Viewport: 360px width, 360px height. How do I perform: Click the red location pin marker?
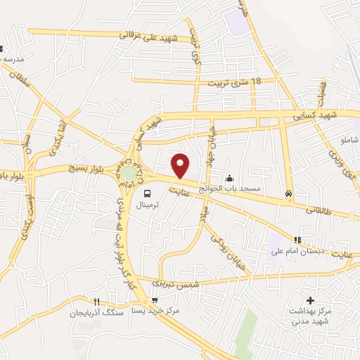tap(181, 165)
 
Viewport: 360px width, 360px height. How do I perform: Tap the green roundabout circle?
tap(129, 173)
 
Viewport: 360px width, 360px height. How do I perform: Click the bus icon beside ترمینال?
tap(148, 193)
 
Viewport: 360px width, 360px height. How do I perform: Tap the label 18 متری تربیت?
tap(234, 82)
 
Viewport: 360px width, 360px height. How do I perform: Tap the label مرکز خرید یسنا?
tap(155, 310)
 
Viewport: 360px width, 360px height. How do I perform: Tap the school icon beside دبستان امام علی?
tap(297, 240)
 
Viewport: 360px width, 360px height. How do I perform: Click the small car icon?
tap(288, 193)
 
